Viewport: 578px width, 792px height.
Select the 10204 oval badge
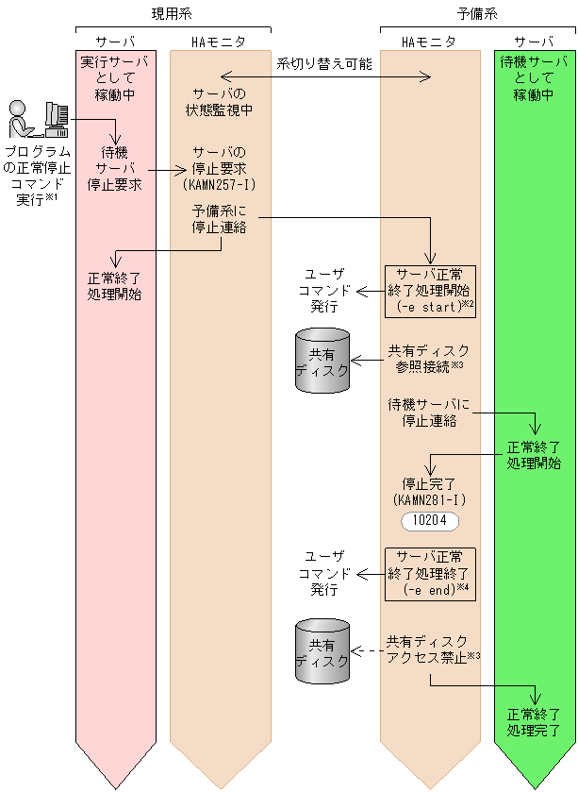point(429,520)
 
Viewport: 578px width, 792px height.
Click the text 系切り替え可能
point(323,64)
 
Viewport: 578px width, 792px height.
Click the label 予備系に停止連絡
point(219,219)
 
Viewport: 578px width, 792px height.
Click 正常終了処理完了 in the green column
point(534,721)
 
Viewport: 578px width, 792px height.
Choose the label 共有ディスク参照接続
point(427,359)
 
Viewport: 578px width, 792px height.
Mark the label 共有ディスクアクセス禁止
point(429,649)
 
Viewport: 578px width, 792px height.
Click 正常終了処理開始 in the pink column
point(115,286)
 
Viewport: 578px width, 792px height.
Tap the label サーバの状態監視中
point(219,102)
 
